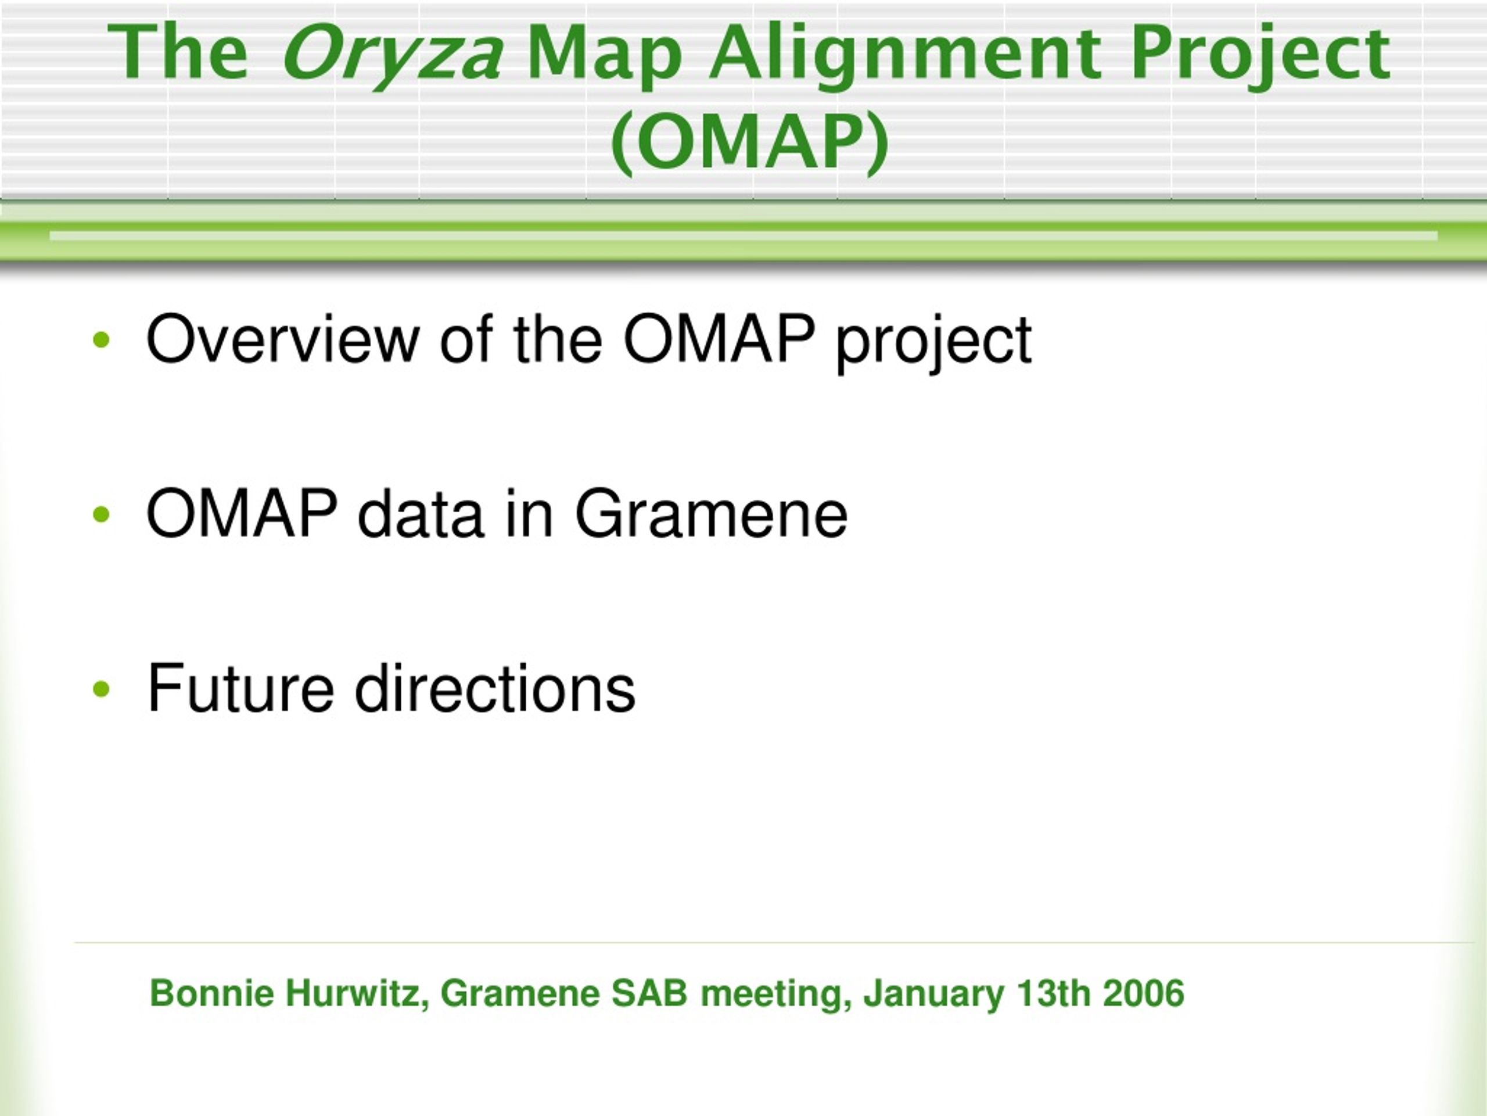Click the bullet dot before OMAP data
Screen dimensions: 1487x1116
102,514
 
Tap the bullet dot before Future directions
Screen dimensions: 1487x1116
102,689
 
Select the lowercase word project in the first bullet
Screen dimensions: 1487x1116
933,343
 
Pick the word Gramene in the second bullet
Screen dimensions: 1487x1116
711,514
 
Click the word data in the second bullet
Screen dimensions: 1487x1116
420,514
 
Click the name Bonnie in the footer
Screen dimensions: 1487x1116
212,993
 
